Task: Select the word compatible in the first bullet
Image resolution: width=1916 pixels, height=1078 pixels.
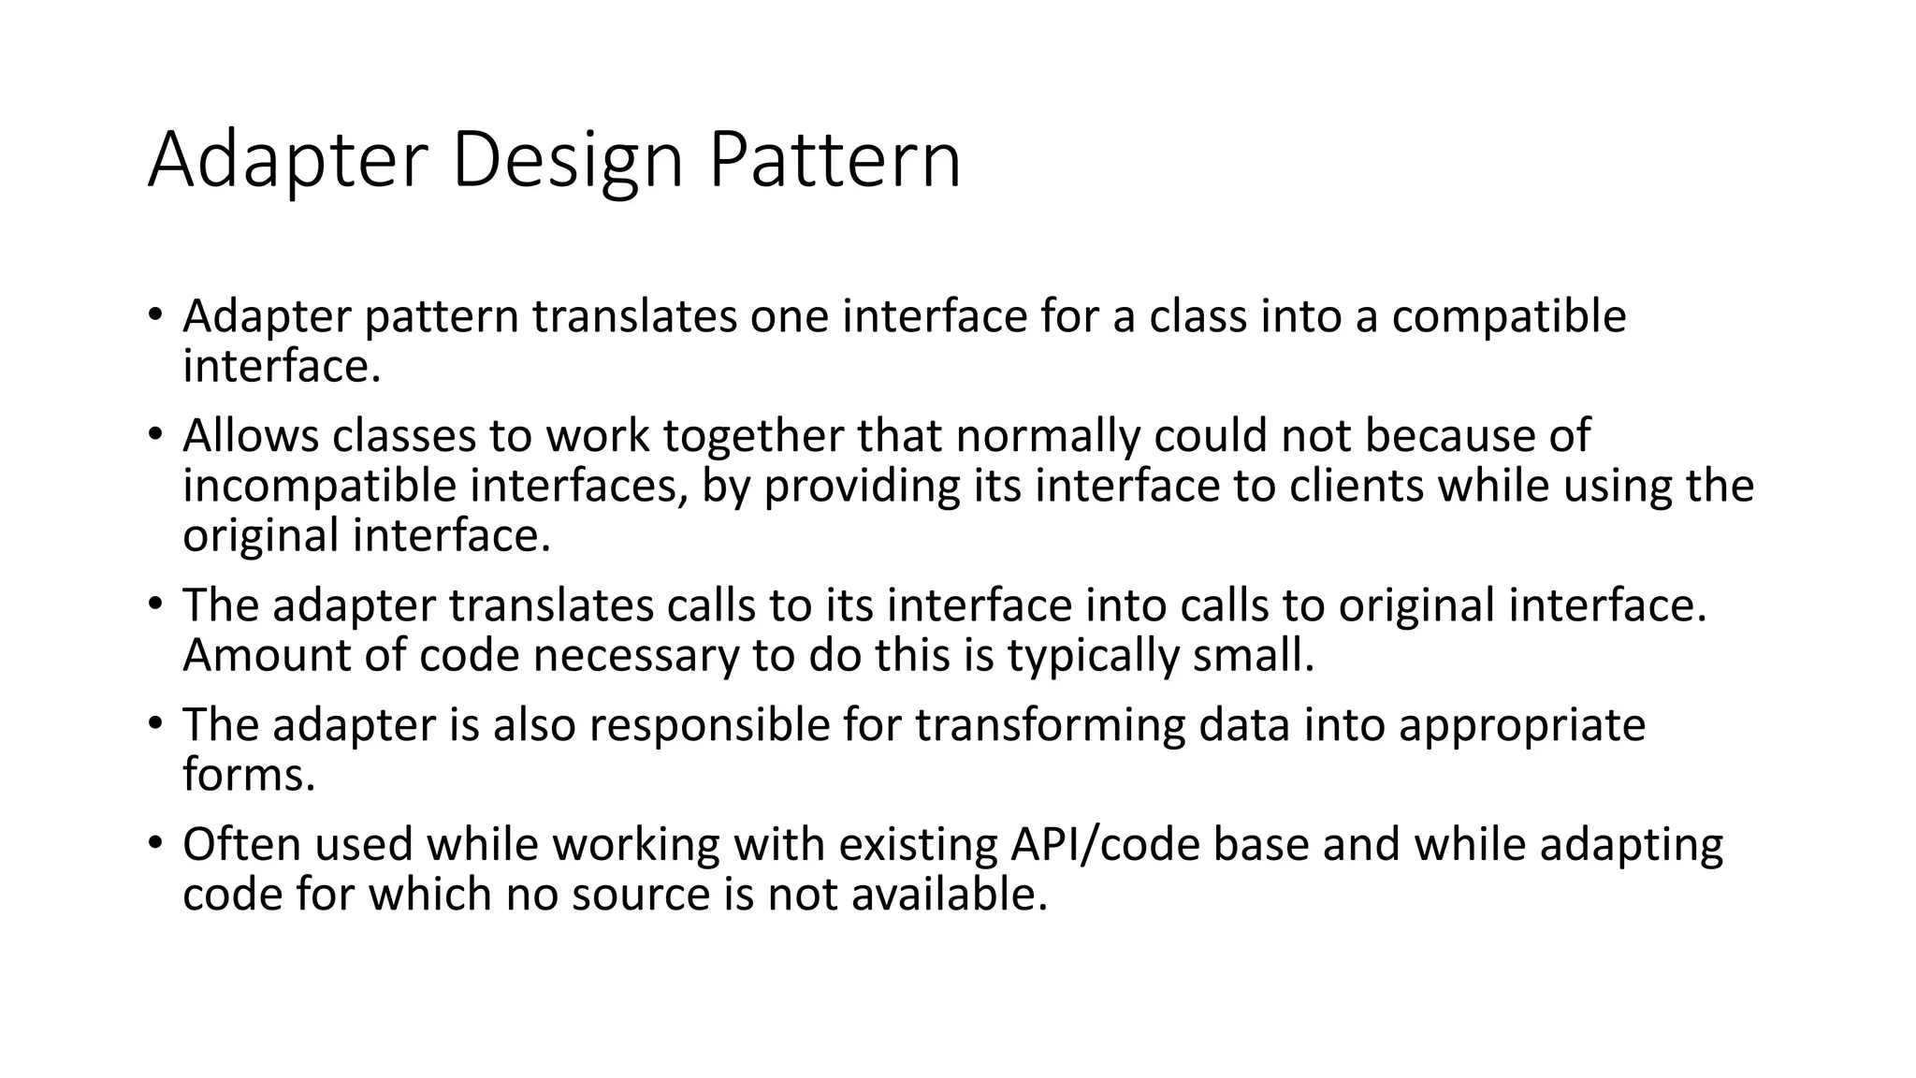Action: [1508, 317]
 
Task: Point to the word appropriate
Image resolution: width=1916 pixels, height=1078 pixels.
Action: [1521, 725]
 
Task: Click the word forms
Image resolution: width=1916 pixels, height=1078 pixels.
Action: [249, 776]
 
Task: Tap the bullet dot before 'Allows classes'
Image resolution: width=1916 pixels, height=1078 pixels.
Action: [155, 435]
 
